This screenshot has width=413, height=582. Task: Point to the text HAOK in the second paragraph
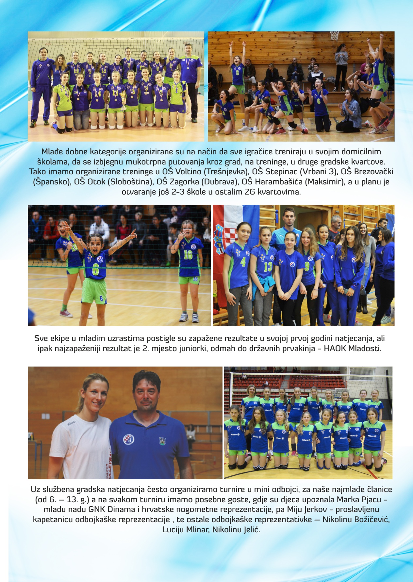click(x=335, y=348)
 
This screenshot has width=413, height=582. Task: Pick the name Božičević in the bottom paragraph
click(x=372, y=520)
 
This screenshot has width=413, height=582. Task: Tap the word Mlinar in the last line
click(x=197, y=530)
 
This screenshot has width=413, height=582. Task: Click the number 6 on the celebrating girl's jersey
click(x=95, y=271)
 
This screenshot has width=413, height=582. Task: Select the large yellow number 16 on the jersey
click(x=188, y=255)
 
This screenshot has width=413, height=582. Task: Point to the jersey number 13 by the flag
click(x=268, y=267)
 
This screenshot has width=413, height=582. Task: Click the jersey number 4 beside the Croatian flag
click(x=243, y=262)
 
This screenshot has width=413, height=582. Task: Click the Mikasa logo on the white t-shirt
click(x=72, y=423)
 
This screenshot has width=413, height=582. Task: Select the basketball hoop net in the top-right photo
click(x=334, y=36)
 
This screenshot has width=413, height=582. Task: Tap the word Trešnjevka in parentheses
click(x=231, y=172)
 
